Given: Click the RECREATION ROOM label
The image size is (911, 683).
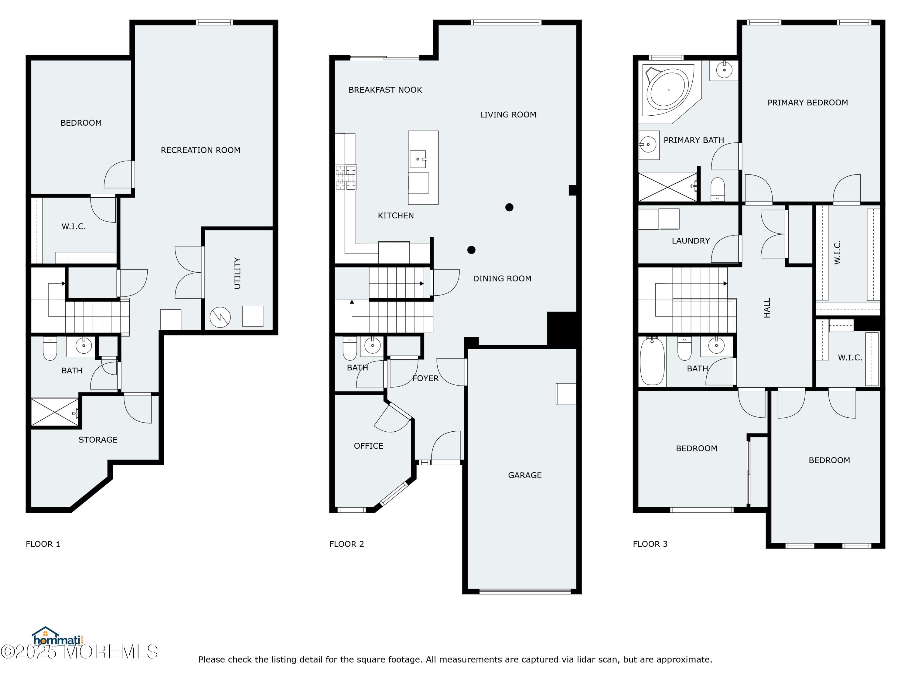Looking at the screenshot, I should [200, 150].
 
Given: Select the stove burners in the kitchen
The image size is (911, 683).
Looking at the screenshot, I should [346, 178].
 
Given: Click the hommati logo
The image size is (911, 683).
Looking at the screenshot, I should [58, 639].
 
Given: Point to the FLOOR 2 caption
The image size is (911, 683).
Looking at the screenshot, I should [346, 544].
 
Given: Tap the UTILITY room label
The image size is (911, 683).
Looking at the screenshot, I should [237, 273].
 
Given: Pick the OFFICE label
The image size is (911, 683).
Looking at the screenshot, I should [368, 446].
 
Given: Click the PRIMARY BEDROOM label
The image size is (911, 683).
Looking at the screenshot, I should [807, 103].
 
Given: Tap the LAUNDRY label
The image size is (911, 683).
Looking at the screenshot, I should [690, 241].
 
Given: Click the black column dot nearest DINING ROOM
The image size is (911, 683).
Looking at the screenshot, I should [471, 250].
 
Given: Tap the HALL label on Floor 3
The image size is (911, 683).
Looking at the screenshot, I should [766, 308].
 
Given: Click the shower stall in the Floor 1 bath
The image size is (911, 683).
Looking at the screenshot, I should [54, 412].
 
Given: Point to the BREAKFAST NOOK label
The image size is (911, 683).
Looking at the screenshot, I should [385, 90].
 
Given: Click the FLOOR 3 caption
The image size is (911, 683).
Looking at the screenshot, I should [650, 544].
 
